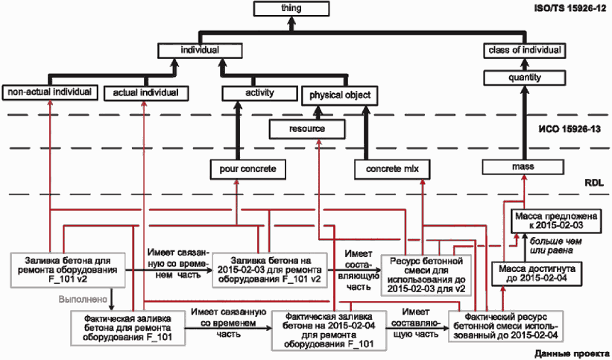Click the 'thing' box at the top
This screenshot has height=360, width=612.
click(291, 9)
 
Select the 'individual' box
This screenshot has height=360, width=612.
click(200, 51)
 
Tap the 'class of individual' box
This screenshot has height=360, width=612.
click(525, 51)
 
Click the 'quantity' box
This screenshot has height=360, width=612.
click(525, 78)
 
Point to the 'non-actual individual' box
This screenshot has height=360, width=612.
click(49, 93)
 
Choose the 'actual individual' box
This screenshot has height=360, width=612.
click(146, 93)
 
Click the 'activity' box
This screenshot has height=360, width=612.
click(259, 93)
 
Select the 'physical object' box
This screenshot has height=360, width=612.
click(340, 95)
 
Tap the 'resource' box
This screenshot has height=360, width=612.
click(307, 129)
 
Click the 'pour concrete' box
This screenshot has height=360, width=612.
click(247, 169)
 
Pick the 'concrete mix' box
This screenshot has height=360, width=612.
click(392, 169)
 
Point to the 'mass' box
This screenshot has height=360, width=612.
click(523, 167)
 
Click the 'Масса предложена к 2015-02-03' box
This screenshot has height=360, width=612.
click(556, 221)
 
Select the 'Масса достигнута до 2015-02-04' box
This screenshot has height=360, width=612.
click(537, 274)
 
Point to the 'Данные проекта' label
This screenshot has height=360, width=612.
click(570, 354)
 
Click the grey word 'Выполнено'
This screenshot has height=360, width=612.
click(83, 300)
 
